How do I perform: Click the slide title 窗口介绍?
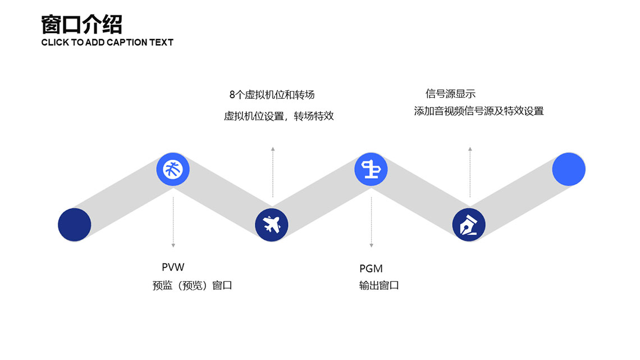(82, 25)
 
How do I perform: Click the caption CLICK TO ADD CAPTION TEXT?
(107, 42)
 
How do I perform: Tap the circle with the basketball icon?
(173, 169)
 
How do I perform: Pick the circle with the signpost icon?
(371, 169)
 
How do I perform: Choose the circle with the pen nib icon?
(469, 225)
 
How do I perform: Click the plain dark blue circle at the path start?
(75, 225)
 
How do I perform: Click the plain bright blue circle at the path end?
(569, 169)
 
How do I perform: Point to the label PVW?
(173, 267)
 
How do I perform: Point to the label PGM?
(371, 268)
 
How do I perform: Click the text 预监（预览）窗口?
(192, 285)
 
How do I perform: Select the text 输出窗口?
(379, 285)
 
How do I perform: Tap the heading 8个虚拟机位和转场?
(272, 94)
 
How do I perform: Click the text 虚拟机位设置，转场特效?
(278, 116)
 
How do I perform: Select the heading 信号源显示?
(450, 94)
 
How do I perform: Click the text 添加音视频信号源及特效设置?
(479, 111)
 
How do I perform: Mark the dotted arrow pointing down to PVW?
(173, 222)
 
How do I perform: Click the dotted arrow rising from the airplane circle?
(272, 171)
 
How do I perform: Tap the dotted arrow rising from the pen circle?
(470, 171)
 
